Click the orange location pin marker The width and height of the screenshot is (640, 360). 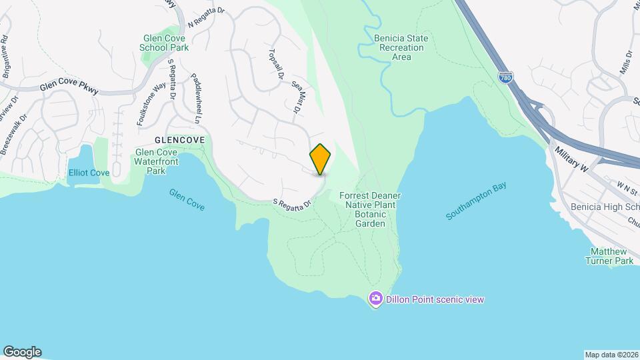pyautogui.click(x=321, y=159)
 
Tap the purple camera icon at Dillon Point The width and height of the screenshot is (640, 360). pyautogui.click(x=376, y=299)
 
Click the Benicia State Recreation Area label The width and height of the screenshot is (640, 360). pyautogui.click(x=401, y=47)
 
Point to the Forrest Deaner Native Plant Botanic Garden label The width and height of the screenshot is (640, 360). pyautogui.click(x=370, y=209)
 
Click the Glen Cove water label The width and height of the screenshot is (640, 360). pyautogui.click(x=187, y=199)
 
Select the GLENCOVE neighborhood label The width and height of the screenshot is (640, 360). pyautogui.click(x=181, y=141)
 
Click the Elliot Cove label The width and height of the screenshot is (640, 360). pyautogui.click(x=89, y=173)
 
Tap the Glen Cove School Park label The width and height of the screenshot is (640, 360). pyautogui.click(x=165, y=43)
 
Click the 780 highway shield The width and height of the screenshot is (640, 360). pyautogui.click(x=505, y=79)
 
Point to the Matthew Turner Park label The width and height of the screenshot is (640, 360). pyautogui.click(x=611, y=256)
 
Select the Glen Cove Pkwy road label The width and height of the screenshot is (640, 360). pyautogui.click(x=69, y=87)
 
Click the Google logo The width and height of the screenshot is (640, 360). pyautogui.click(x=22, y=351)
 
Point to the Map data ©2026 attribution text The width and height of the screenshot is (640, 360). pyautogui.click(x=611, y=354)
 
